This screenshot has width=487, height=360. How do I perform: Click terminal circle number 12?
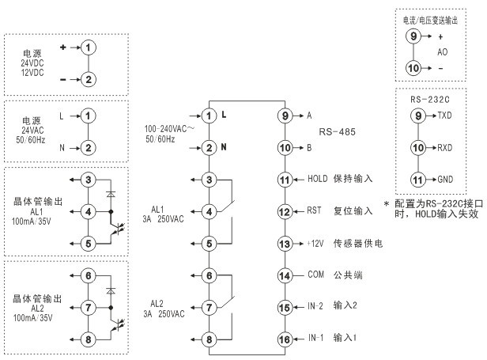pos(285,212)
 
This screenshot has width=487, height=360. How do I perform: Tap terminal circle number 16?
pos(285,339)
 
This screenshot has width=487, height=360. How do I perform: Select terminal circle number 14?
pos(285,275)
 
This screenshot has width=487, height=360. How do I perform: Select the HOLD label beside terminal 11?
pos(317,180)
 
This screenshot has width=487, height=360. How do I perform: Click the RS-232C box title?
pos(431,100)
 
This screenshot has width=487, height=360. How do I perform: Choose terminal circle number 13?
pos(285,244)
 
